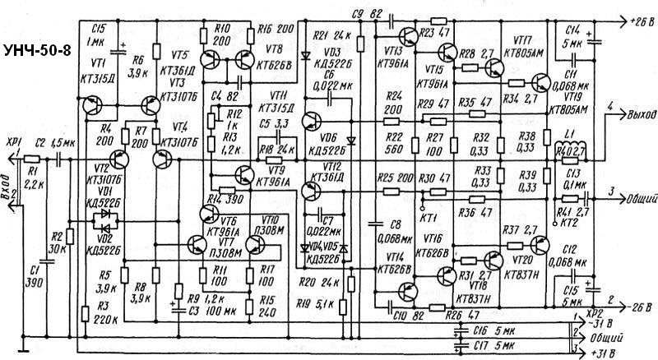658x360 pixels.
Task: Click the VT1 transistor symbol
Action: pos(93,106)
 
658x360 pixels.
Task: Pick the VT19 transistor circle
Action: pos(540,82)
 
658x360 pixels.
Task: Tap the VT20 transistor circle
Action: pos(540,246)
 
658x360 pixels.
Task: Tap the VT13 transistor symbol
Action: pos(406,37)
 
